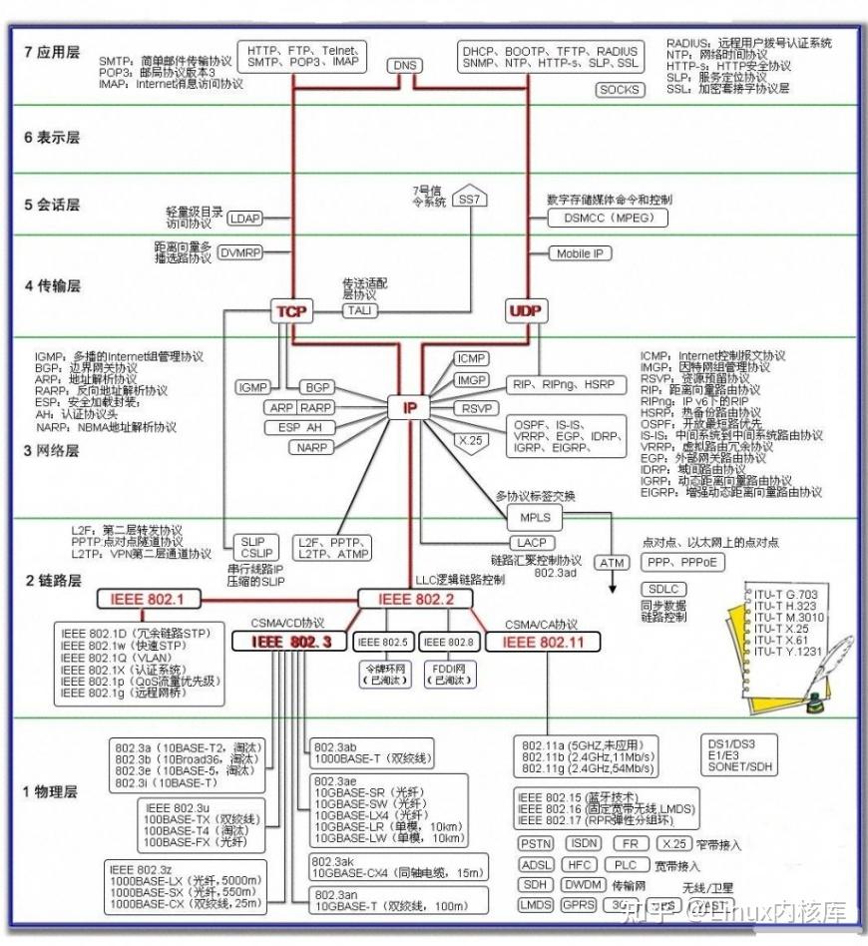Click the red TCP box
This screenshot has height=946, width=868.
pyautogui.click(x=291, y=311)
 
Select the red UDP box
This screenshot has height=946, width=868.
pyautogui.click(x=525, y=311)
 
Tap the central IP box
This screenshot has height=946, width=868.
pyautogui.click(x=409, y=407)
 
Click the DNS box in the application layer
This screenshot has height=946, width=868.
pyautogui.click(x=404, y=66)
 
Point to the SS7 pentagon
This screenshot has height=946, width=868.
pyautogui.click(x=469, y=199)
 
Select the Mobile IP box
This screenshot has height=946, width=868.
pyautogui.click(x=580, y=253)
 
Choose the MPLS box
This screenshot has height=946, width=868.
pyautogui.click(x=535, y=517)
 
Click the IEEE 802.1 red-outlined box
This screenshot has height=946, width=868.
pyautogui.click(x=148, y=599)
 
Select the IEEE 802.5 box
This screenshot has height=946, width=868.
pyautogui.click(x=384, y=642)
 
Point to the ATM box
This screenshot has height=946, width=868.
pyautogui.click(x=612, y=562)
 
